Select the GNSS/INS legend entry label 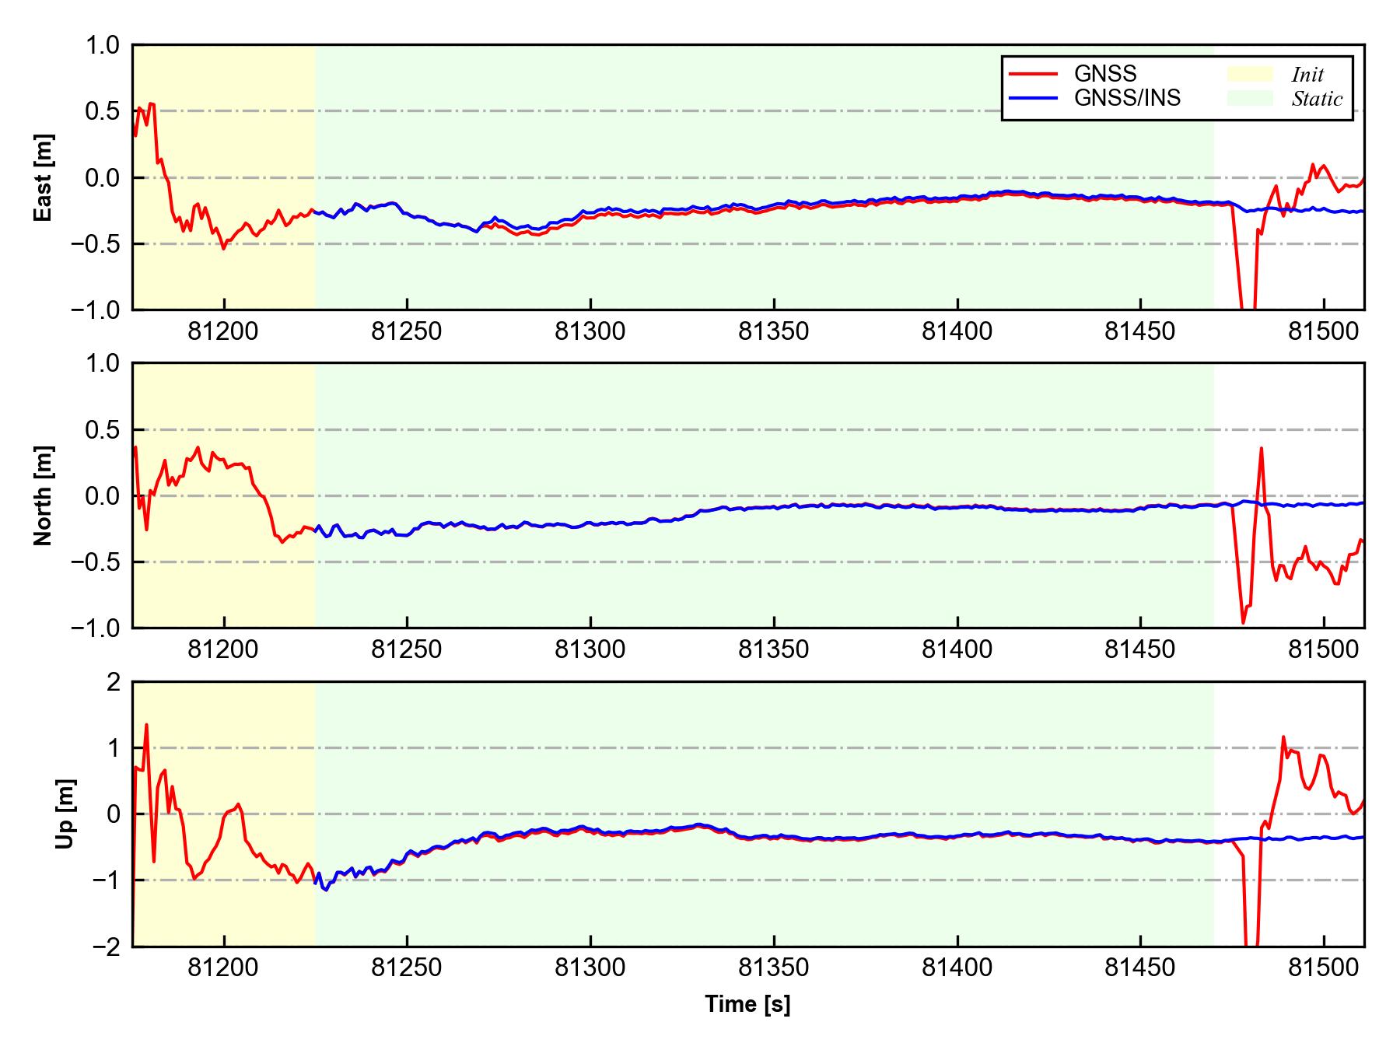[1127, 98]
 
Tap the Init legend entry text [1307, 75]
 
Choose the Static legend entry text [1317, 99]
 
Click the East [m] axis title [44, 177]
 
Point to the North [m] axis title [44, 495]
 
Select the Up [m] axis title [65, 814]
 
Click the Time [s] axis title [747, 1004]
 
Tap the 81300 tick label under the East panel [590, 332]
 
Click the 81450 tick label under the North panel [1140, 649]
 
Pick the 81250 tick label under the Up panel [406, 968]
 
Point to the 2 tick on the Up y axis [114, 682]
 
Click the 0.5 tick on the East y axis [103, 111]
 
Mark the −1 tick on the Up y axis [106, 880]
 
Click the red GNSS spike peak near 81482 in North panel [1261, 448]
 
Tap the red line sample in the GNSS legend [1034, 74]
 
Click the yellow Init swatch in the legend [1249, 74]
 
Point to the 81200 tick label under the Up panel [223, 968]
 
